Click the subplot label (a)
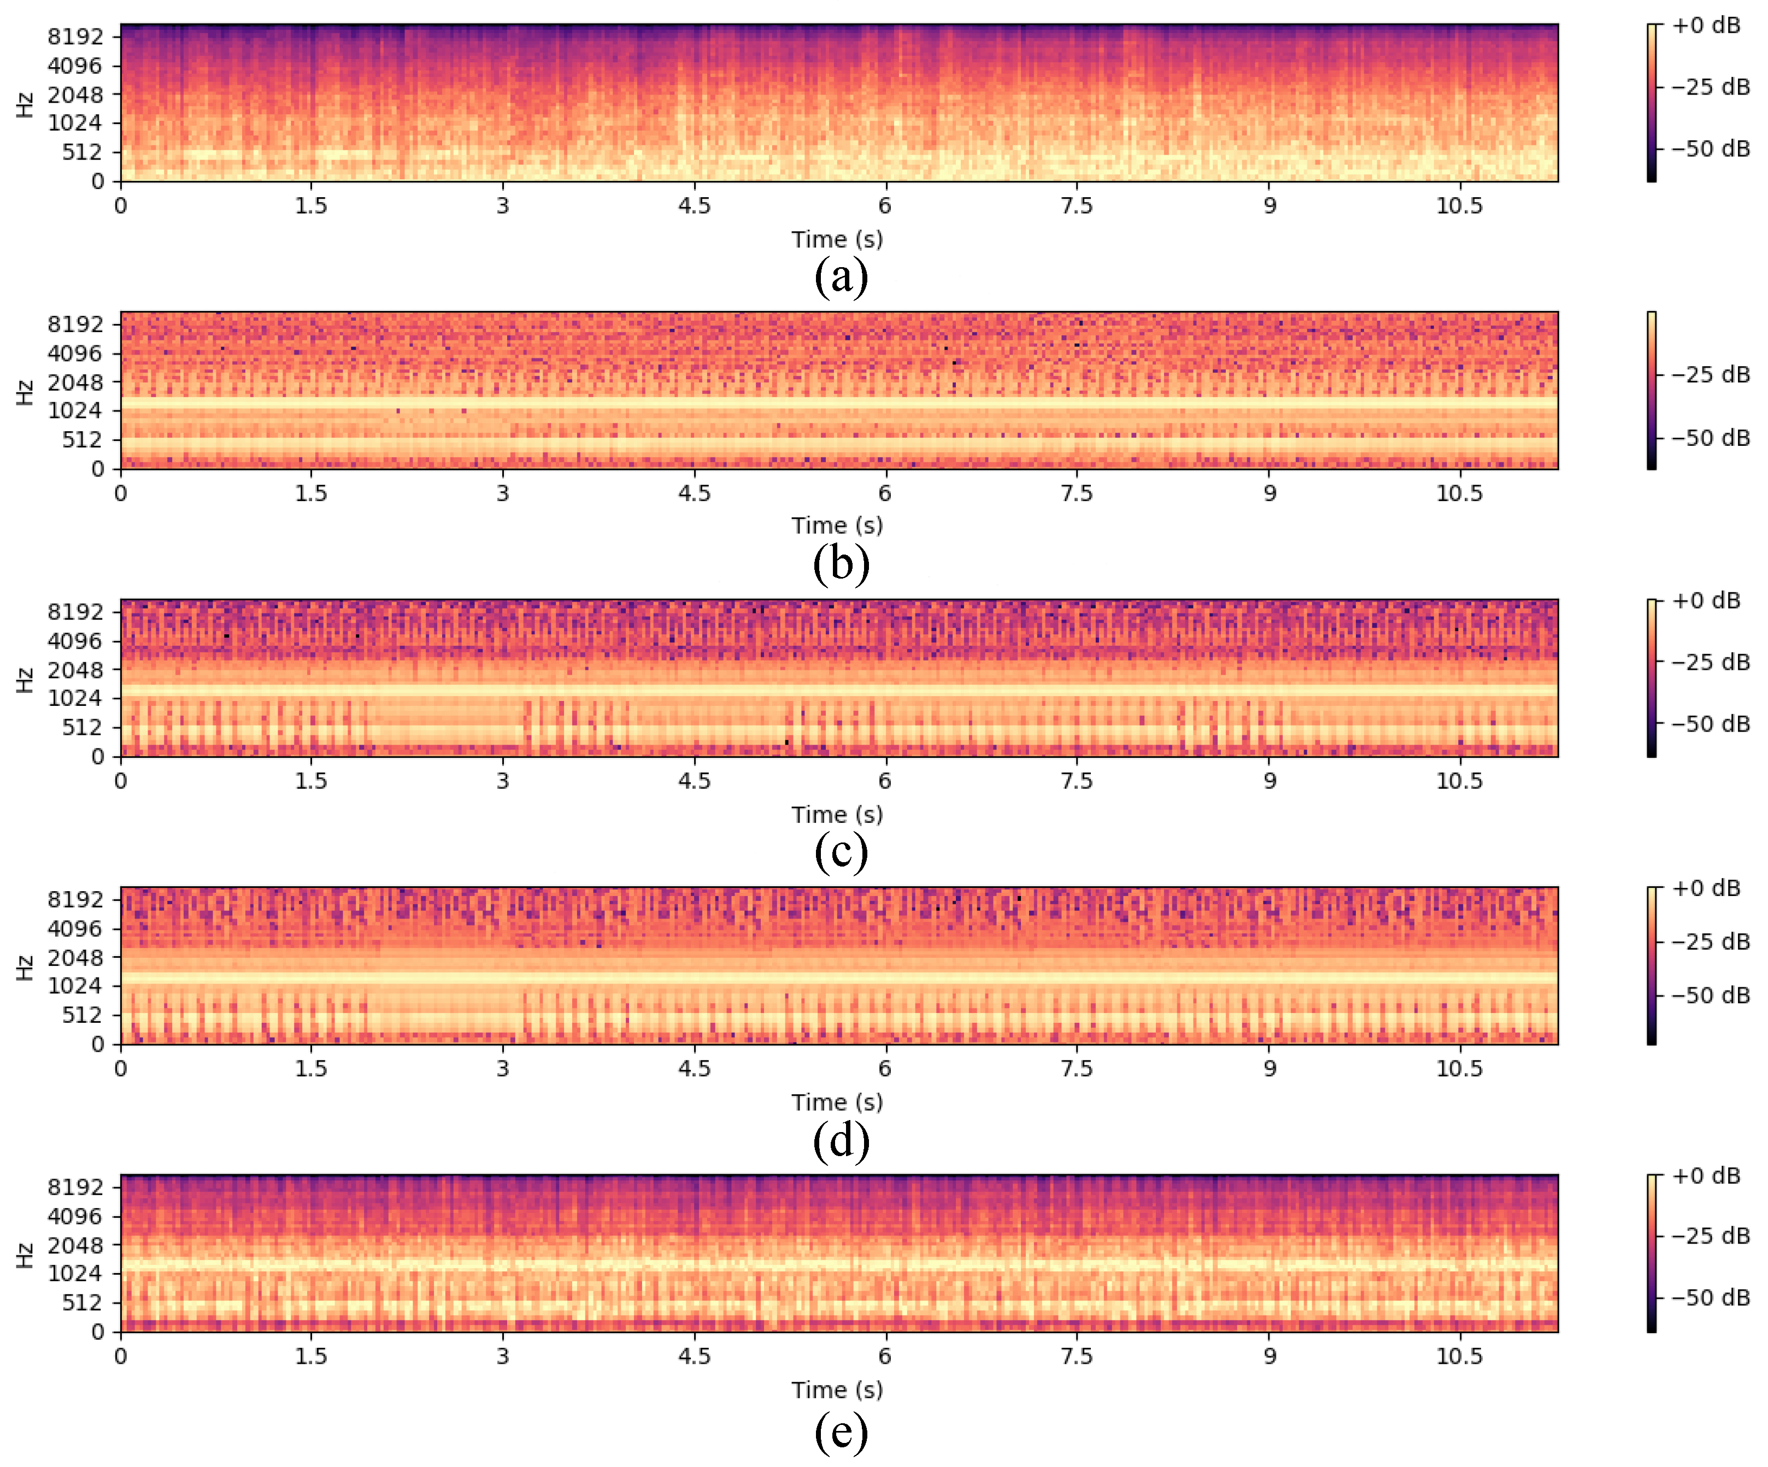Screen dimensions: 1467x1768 (840, 277)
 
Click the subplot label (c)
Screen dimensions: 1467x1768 (840, 852)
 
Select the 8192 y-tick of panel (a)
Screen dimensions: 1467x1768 (75, 36)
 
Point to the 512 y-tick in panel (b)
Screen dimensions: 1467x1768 (81, 439)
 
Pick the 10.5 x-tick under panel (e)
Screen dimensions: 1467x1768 (1459, 1356)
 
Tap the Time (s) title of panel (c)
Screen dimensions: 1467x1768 (837, 815)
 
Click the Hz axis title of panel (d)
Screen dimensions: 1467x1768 (25, 968)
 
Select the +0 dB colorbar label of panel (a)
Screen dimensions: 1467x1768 (1706, 25)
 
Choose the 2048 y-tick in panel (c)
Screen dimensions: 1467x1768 (75, 670)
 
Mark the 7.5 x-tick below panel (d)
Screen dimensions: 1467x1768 (1076, 1068)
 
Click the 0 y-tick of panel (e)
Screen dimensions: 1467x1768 (98, 1332)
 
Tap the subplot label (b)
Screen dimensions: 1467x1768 (840, 564)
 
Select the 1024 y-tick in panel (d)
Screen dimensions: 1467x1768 (75, 986)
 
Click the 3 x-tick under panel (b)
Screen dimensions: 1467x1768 (503, 493)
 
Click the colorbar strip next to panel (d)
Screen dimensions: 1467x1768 (1652, 966)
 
